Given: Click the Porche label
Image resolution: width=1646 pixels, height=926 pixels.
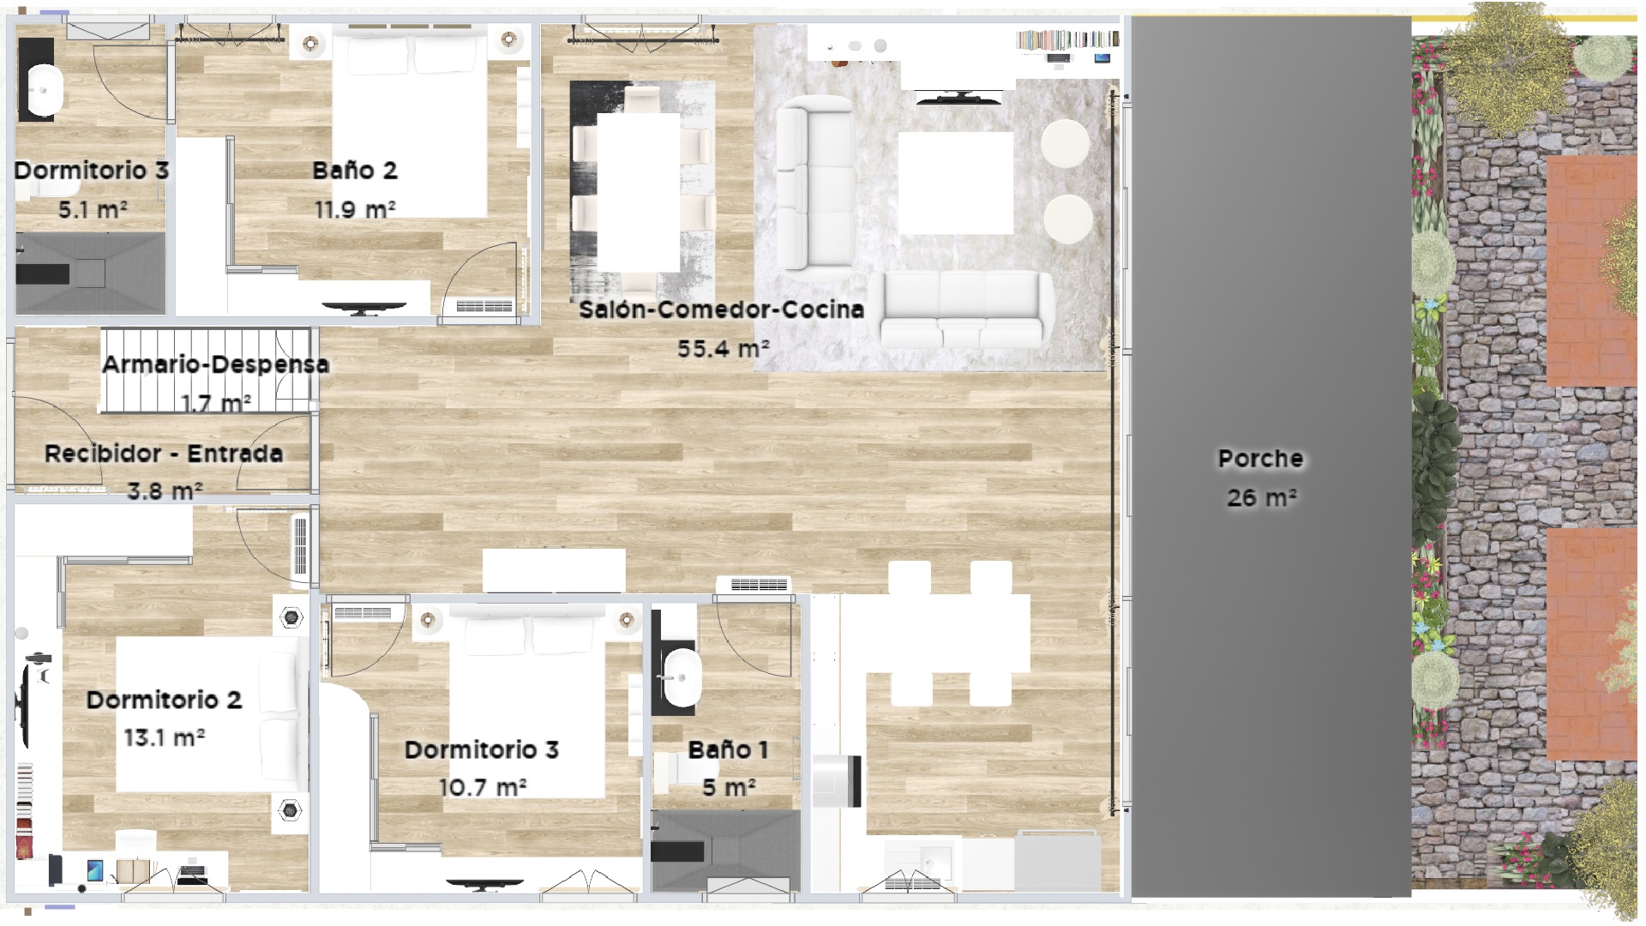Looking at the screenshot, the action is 1260,459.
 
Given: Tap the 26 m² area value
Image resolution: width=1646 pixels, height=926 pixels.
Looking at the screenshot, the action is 1261,497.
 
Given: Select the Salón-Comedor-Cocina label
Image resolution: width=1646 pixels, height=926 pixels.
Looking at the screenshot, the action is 721,310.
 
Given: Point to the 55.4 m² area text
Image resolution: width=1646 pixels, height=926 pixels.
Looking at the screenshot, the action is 723,348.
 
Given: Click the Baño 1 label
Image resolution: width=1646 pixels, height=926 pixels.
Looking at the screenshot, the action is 728,749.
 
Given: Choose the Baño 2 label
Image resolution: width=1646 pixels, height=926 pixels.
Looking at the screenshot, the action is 355,171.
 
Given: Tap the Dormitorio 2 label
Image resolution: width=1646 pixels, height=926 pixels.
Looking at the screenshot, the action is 164,700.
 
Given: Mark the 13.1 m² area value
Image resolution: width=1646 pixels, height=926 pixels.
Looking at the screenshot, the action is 164,737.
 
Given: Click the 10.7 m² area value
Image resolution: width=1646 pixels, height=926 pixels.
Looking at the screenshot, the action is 483,786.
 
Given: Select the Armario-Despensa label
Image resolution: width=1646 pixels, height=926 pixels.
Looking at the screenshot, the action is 215,364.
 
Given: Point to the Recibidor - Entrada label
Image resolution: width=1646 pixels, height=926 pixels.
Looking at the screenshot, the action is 164,454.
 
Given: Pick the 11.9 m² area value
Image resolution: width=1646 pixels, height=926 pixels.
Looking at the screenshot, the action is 355,208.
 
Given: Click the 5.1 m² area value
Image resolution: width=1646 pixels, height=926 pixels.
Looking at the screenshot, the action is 92,208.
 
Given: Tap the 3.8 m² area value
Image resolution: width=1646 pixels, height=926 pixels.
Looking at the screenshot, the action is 164,491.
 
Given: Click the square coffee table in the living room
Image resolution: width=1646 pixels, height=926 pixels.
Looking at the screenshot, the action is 956,183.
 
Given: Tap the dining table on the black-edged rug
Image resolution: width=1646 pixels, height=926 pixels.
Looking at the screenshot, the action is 638,192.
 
